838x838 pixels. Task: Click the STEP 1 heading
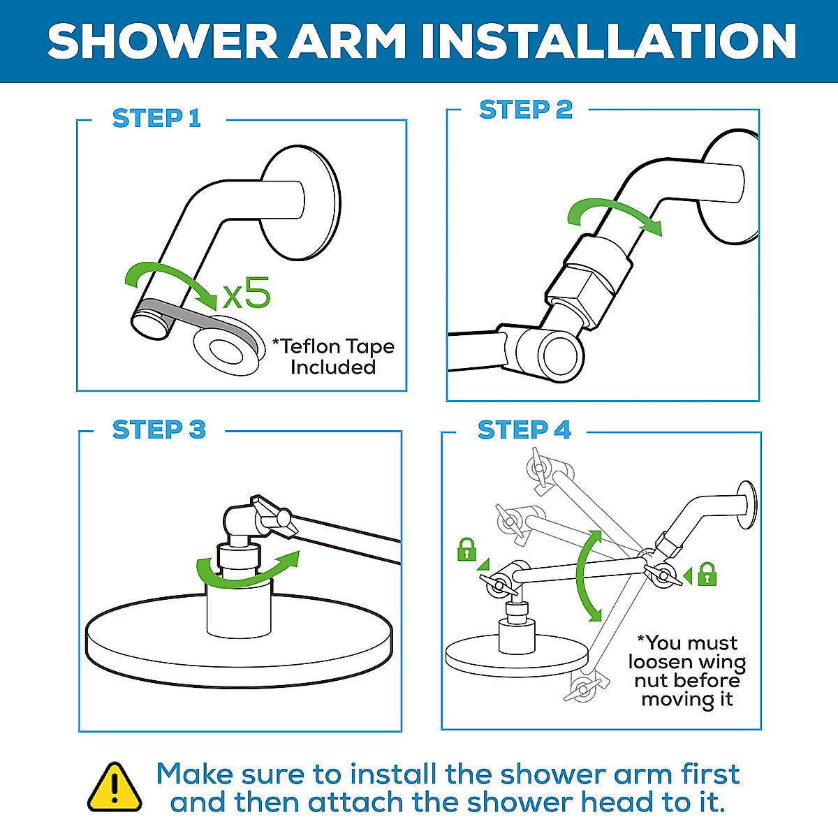pos(156,119)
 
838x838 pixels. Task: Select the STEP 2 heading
pos(525,110)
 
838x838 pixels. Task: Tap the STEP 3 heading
pos(159,429)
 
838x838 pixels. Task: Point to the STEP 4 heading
pos(524,430)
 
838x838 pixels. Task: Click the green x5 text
pos(246,293)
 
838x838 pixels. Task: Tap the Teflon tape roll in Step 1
pos(227,346)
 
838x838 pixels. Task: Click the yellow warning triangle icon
pos(115,788)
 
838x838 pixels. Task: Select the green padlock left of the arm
pos(466,550)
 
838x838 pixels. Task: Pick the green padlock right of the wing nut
pos(707,574)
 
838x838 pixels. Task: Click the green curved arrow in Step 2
pos(611,213)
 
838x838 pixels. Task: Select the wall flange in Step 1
pos(300,203)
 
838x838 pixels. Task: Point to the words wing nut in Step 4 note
pos(688,670)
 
